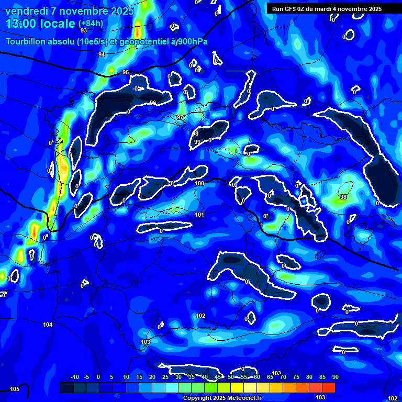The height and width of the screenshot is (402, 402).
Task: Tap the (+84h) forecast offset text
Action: pyautogui.click(x=90, y=24)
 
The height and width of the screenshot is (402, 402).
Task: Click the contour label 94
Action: pyautogui.click(x=102, y=54)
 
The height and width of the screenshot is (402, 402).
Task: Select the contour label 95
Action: pyautogui.click(x=126, y=72)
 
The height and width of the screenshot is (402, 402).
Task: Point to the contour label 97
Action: pyautogui.click(x=180, y=117)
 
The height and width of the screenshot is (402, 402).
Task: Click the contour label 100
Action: pyautogui.click(x=199, y=183)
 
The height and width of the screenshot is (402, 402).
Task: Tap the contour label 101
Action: pyautogui.click(x=199, y=215)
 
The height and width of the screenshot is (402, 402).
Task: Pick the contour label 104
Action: pyautogui.click(x=48, y=325)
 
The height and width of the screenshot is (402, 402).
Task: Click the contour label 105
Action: pyautogui.click(x=15, y=389)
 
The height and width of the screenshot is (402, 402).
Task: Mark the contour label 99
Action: pyautogui.click(x=197, y=142)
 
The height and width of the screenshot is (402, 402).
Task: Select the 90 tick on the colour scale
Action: pyautogui.click(x=335, y=377)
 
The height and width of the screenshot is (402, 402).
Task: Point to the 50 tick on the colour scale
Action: pyautogui.click(x=231, y=377)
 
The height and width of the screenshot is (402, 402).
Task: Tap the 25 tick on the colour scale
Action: pyautogui.click(x=165, y=377)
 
